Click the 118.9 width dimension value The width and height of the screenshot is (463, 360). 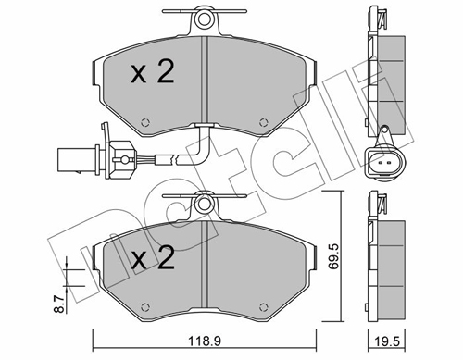coord(204,341)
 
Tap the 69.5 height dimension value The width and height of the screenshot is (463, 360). coord(333,256)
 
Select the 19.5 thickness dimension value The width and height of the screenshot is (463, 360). coord(388,341)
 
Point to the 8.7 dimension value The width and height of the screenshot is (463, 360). coord(58,304)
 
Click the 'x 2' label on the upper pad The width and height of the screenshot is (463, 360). coord(153,72)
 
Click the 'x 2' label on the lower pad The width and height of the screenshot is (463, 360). coord(153,257)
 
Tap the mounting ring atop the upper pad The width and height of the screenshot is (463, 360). coord(203,19)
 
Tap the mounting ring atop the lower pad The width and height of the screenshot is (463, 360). coord(203,204)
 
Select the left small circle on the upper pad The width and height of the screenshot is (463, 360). coord(145,122)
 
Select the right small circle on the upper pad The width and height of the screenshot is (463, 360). coord(263,122)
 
